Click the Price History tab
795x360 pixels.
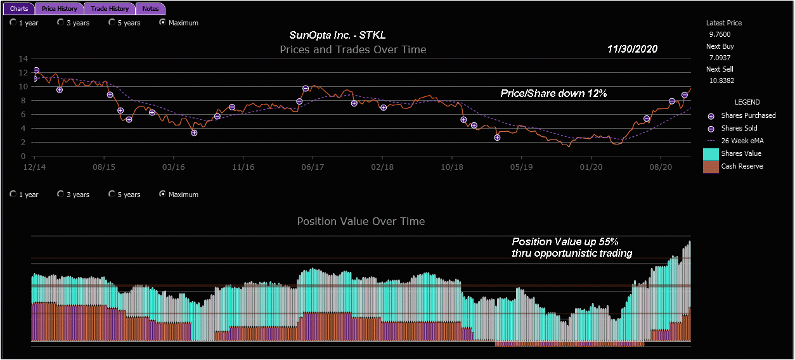pyautogui.click(x=60, y=9)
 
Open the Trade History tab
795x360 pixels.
pyautogui.click(x=110, y=9)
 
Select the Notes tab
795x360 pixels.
pyautogui.click(x=151, y=9)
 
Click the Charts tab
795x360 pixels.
pyautogui.click(x=19, y=9)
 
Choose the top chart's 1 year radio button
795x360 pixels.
pyautogui.click(x=13, y=22)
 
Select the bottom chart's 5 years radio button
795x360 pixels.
pyautogui.click(x=112, y=194)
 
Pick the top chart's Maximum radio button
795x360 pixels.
pyautogui.click(x=163, y=22)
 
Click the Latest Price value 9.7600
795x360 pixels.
pyautogui.click(x=720, y=34)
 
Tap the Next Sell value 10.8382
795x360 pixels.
pyautogui.click(x=721, y=80)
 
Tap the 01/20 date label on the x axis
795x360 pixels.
pyautogui.click(x=591, y=167)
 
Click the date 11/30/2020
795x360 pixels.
pyautogui.click(x=632, y=49)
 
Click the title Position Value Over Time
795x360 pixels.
pyautogui.click(x=361, y=221)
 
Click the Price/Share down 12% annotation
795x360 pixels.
pyautogui.click(x=553, y=94)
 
